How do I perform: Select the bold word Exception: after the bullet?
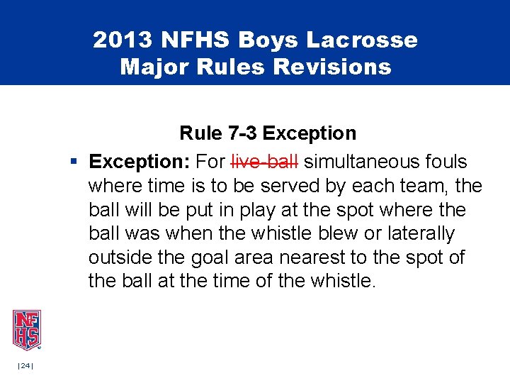click(140, 161)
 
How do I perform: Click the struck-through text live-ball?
click(265, 161)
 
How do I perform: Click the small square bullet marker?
click(74, 162)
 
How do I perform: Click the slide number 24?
click(26, 365)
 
